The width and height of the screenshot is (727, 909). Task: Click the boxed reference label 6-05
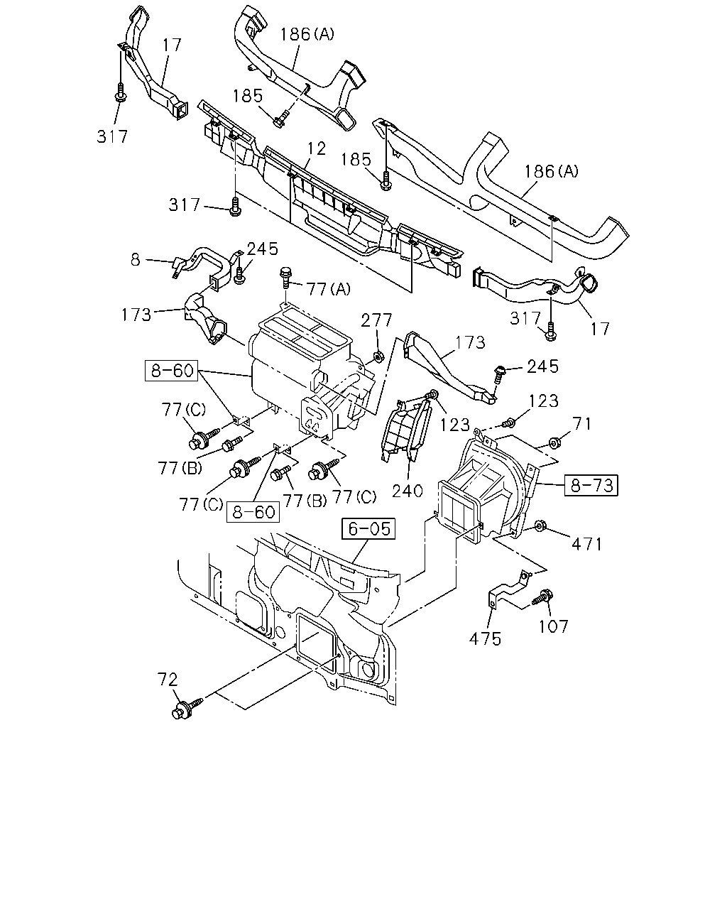coord(368,528)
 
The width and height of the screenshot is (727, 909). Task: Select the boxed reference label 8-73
coord(591,485)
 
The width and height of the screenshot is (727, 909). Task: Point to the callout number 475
coord(485,639)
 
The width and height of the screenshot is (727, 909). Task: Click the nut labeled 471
coord(540,526)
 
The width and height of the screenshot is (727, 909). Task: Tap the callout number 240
coord(408,491)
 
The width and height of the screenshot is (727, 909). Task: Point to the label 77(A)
coord(329,289)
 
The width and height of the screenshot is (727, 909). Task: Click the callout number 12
coord(317,148)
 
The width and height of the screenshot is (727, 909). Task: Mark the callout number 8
coord(135,260)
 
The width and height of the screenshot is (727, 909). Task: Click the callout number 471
coord(586,544)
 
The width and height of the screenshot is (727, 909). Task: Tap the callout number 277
coord(376,320)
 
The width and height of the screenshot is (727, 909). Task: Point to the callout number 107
coord(553,626)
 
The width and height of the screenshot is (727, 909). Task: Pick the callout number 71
coord(583,424)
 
